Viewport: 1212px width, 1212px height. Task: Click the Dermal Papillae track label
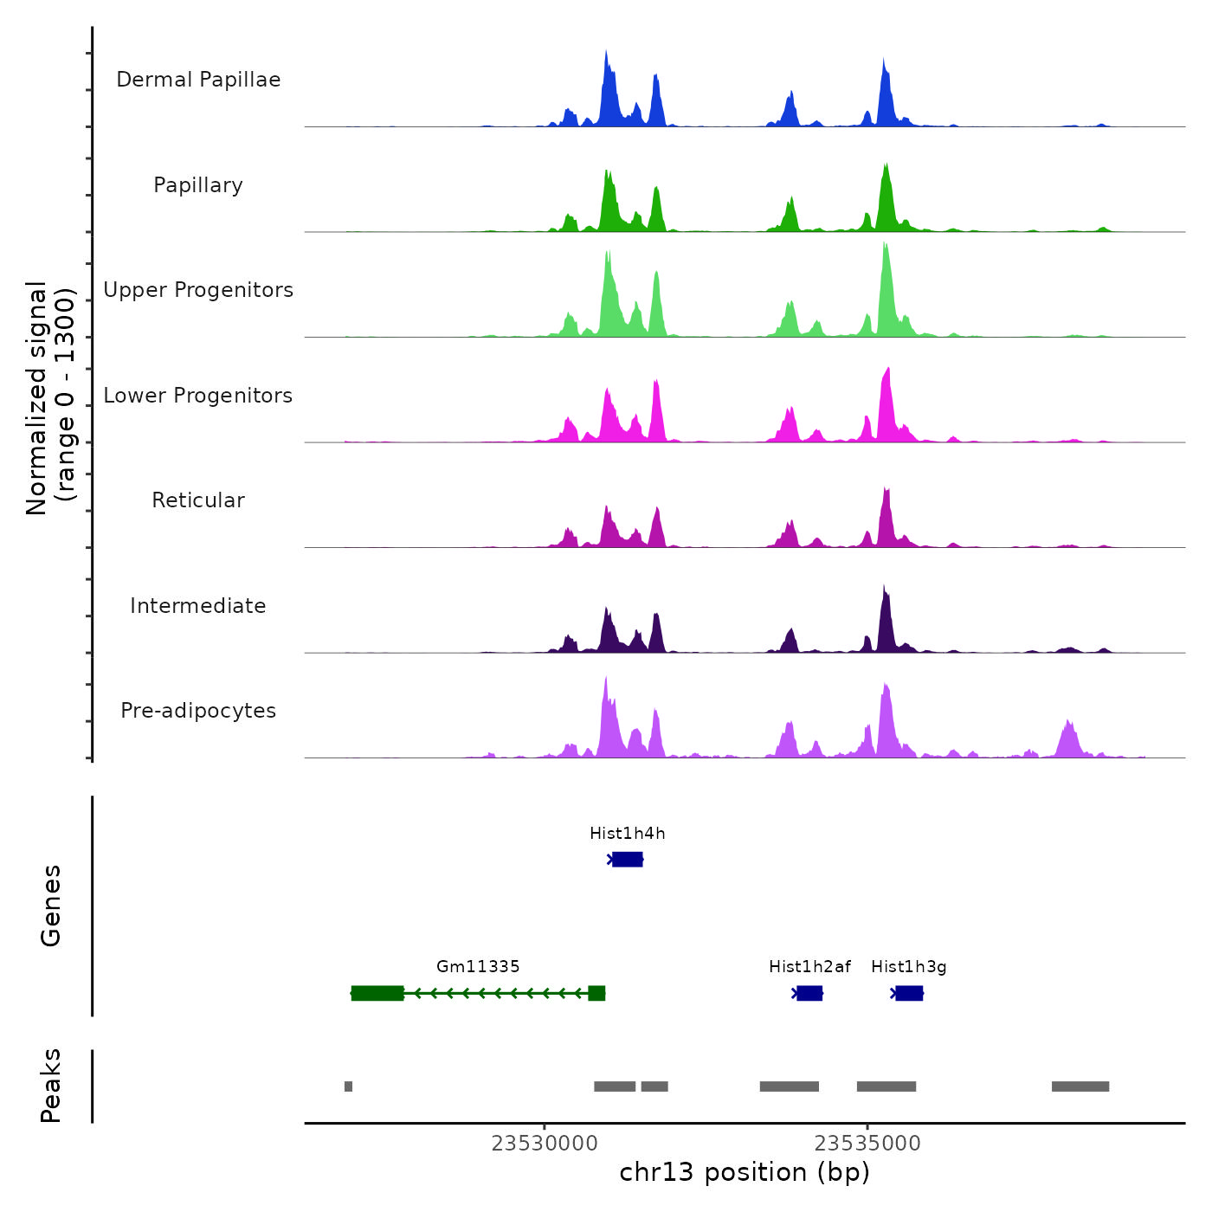click(198, 80)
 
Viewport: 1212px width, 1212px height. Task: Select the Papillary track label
click(198, 185)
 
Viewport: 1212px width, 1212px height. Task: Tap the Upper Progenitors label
click(198, 290)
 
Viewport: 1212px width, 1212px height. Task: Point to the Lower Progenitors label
click(198, 396)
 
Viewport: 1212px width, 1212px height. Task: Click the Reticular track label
click(198, 500)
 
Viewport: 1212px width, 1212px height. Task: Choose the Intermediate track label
click(198, 606)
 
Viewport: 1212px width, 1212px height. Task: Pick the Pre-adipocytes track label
click(198, 711)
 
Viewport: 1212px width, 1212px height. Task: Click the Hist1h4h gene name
click(628, 834)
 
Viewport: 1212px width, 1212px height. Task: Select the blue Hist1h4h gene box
click(628, 859)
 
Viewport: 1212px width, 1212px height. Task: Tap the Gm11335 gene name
click(478, 967)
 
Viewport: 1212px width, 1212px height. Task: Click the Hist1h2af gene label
click(809, 967)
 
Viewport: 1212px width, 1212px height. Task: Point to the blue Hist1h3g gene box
click(909, 993)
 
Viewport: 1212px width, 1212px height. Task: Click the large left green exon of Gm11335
click(377, 993)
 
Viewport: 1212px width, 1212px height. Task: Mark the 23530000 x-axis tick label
click(545, 1144)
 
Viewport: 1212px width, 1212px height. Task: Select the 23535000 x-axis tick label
click(867, 1144)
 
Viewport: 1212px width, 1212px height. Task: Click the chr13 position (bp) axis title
click(745, 1172)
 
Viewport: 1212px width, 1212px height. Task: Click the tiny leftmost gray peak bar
click(348, 1086)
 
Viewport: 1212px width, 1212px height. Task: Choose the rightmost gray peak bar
click(1080, 1086)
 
